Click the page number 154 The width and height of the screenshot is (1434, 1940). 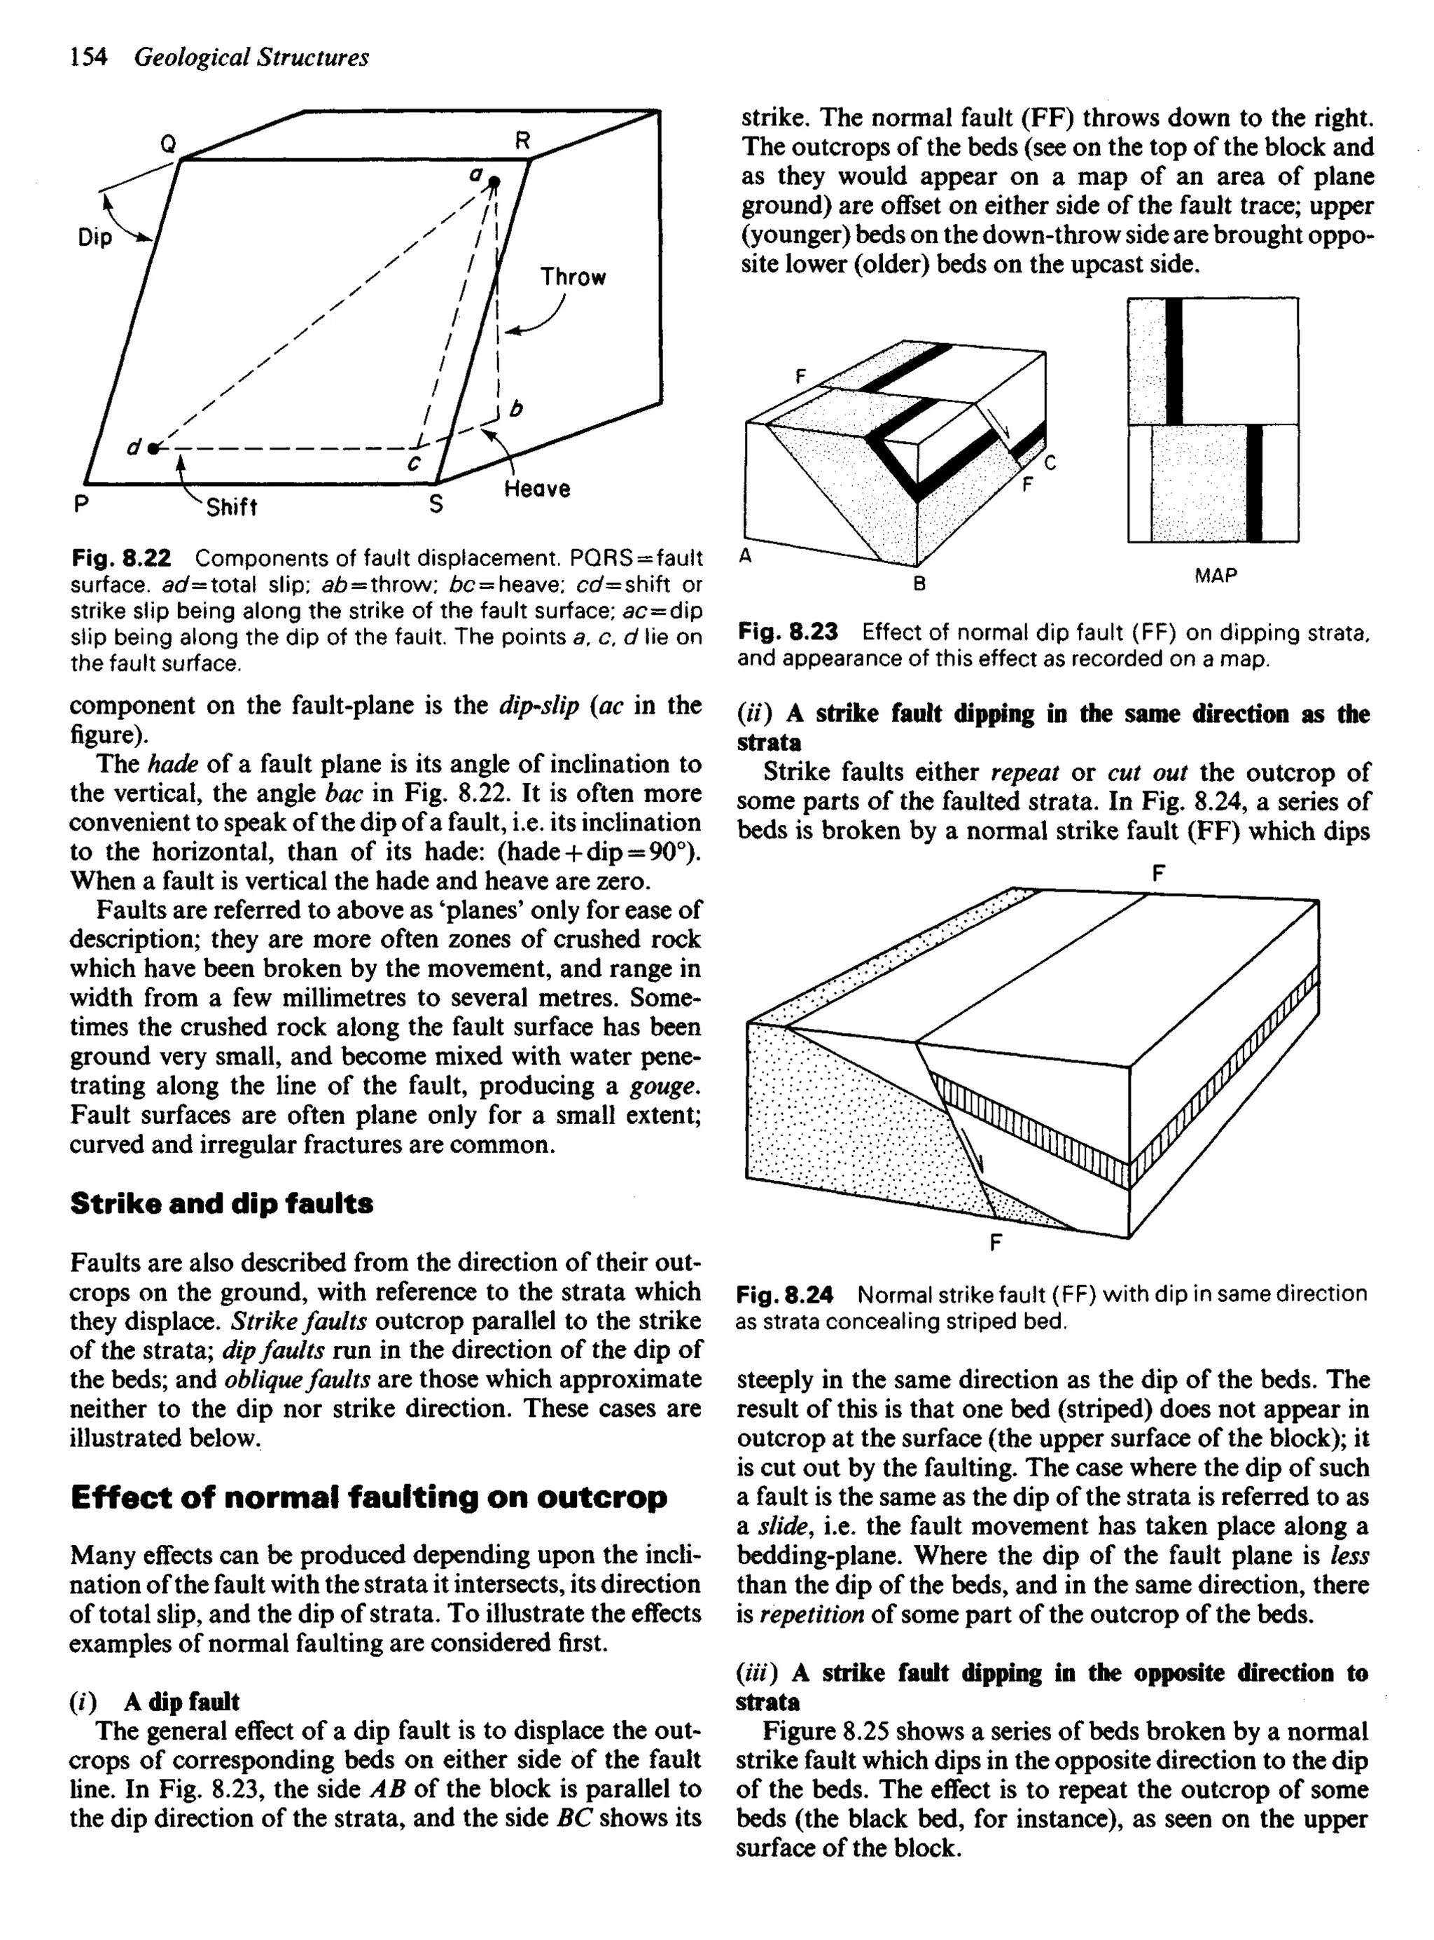(x=88, y=57)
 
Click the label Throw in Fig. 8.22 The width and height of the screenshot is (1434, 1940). (x=573, y=278)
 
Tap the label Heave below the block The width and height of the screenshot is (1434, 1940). (x=537, y=489)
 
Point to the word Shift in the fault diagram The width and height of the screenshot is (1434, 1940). (x=231, y=507)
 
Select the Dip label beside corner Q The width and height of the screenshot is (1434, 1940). (x=95, y=237)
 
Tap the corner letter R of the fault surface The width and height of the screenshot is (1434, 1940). (x=522, y=141)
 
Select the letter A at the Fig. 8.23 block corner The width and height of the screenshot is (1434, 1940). (x=746, y=556)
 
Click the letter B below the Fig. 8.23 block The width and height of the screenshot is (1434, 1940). (x=919, y=584)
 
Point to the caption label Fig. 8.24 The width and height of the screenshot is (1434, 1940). (x=784, y=1295)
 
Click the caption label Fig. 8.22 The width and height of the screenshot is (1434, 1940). (x=120, y=557)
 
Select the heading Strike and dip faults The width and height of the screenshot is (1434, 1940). (x=221, y=1204)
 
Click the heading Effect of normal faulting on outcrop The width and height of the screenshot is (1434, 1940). (x=368, y=1497)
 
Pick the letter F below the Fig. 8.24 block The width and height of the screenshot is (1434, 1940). (x=996, y=1242)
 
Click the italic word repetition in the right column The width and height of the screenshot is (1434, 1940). (x=812, y=1614)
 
